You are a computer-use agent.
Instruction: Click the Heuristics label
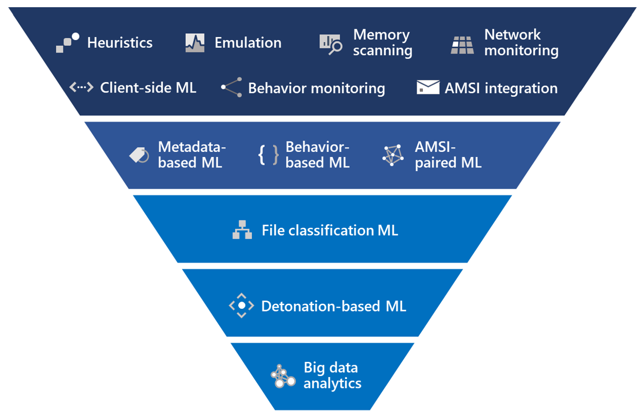120,43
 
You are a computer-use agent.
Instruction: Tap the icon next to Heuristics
68,43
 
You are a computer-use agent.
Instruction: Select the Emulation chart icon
195,43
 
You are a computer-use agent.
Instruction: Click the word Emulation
248,43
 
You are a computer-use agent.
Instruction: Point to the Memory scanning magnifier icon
330,44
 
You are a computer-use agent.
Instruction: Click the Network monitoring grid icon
462,45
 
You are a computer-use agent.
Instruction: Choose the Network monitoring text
521,43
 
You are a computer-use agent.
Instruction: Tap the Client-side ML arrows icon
81,87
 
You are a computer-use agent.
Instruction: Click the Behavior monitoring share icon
232,87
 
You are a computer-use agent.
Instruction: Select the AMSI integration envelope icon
428,87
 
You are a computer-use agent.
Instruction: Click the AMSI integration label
500,88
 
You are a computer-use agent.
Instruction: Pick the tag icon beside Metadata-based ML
139,155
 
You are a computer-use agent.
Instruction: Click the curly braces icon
268,155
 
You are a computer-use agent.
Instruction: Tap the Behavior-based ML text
317,155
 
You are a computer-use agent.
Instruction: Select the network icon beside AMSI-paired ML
393,155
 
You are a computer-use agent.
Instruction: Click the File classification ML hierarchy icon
242,230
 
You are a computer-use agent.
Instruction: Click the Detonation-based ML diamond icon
241,306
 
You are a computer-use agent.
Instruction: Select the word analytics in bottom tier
332,384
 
